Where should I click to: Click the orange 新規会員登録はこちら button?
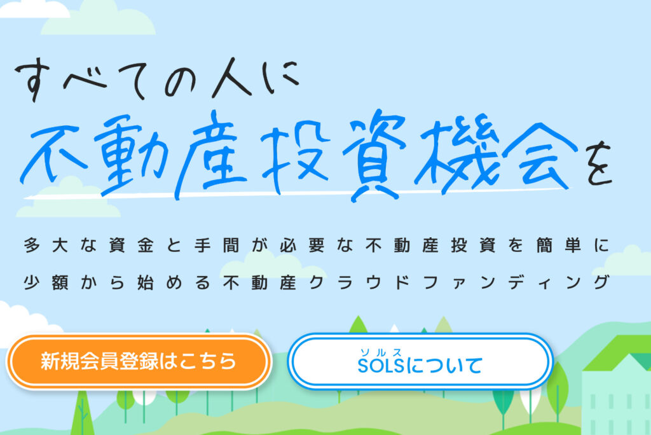click(x=139, y=361)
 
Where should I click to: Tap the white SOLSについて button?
click(x=421, y=361)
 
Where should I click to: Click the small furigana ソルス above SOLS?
click(x=381, y=352)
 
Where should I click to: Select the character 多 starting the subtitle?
click(x=32, y=245)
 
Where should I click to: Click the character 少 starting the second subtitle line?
click(x=32, y=282)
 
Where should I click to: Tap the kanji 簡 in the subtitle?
click(x=544, y=245)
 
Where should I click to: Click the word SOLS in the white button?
click(x=381, y=366)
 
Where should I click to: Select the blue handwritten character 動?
click(x=131, y=155)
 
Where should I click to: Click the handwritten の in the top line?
click(x=180, y=81)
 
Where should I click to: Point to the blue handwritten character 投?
click(x=295, y=156)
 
